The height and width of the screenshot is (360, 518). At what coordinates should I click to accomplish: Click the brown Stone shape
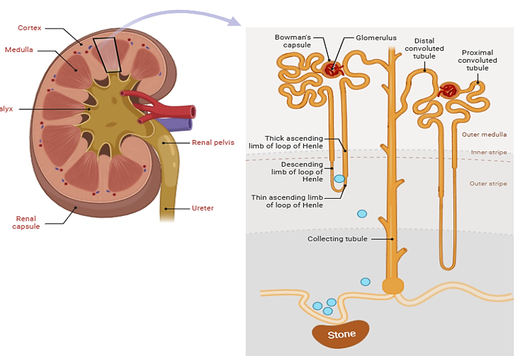341,335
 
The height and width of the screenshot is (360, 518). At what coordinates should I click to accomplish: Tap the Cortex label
29,28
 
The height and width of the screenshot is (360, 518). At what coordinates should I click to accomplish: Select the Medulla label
19,50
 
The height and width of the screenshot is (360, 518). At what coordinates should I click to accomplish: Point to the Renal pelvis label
213,142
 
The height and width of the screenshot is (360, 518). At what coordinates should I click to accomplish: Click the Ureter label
203,208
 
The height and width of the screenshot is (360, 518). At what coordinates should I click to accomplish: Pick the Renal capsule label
27,222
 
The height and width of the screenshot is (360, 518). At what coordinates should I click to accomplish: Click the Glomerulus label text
376,38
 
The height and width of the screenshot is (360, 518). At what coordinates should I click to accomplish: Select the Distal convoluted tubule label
424,49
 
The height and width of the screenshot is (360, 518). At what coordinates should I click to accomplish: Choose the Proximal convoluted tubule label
477,60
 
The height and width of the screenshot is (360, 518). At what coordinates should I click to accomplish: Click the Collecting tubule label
337,239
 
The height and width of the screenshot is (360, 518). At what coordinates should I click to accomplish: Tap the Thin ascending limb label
287,201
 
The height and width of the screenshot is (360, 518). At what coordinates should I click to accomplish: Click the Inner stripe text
489,153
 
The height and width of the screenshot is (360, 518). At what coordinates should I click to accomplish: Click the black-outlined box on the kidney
107,55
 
